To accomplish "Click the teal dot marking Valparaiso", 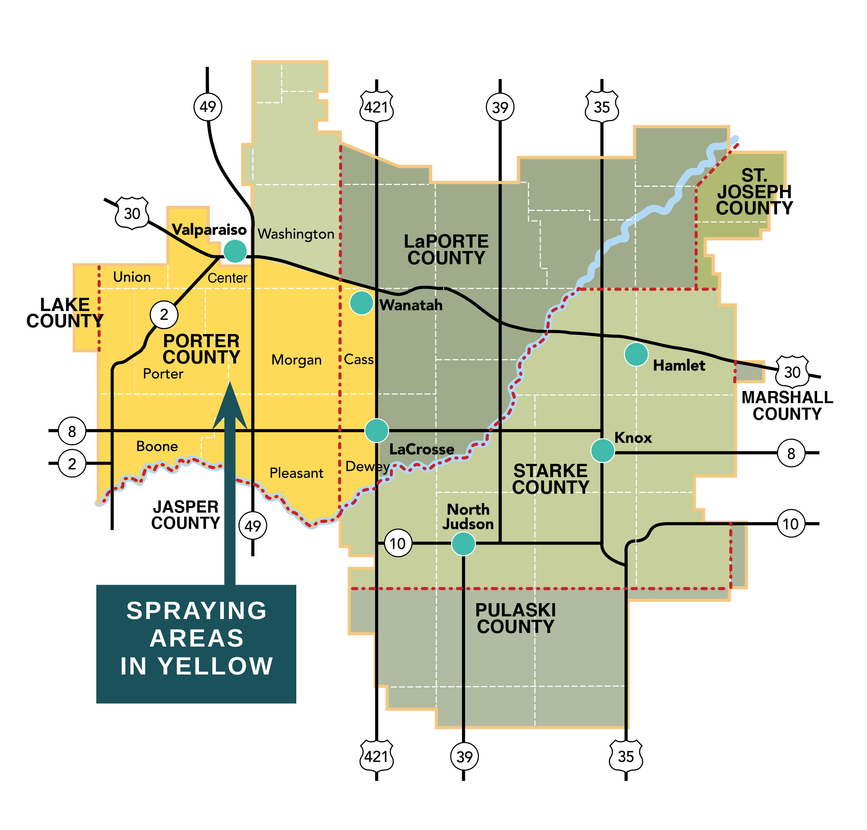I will tap(235, 251).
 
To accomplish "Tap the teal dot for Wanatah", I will tap(361, 303).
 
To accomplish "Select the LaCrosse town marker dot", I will tap(376, 430).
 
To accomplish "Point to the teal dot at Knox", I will tap(602, 451).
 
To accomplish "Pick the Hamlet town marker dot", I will tap(636, 354).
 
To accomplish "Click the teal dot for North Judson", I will tap(463, 543).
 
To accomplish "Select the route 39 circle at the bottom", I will tap(464, 756).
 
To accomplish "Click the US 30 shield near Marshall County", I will tap(792, 372).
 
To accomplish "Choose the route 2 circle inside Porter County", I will tap(164, 314).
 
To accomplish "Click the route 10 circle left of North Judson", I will tap(398, 543).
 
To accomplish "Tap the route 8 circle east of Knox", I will tap(791, 453).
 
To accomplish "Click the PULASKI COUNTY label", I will tap(515, 619).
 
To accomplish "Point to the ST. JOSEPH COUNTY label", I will tap(754, 192).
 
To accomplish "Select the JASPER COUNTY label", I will tap(186, 514).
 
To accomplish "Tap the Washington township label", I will tap(296, 234).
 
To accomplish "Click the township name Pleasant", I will tap(296, 473).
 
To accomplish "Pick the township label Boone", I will tap(157, 446).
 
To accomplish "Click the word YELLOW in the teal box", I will tap(216, 666).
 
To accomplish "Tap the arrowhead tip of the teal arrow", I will tap(230, 384).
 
